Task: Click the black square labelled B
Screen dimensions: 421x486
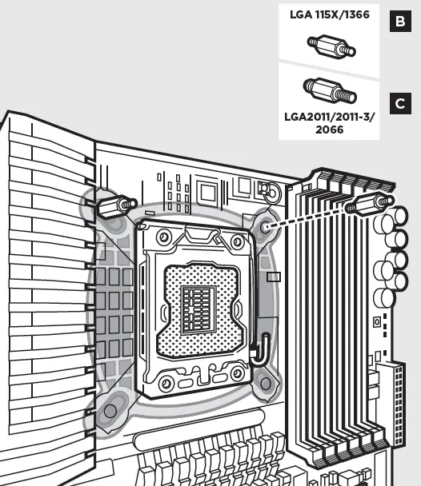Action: [x=400, y=21]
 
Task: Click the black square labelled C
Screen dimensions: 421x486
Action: [x=400, y=104]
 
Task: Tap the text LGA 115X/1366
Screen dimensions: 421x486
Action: [x=330, y=14]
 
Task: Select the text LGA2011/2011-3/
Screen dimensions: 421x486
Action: [x=330, y=118]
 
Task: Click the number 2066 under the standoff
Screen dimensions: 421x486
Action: [x=330, y=129]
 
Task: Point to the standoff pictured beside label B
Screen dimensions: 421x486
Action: [x=331, y=46]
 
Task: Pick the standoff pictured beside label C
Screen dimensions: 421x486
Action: [x=330, y=90]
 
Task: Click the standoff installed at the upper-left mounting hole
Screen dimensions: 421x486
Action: [x=117, y=207]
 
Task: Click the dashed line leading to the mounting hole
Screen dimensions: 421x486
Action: [x=307, y=217]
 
